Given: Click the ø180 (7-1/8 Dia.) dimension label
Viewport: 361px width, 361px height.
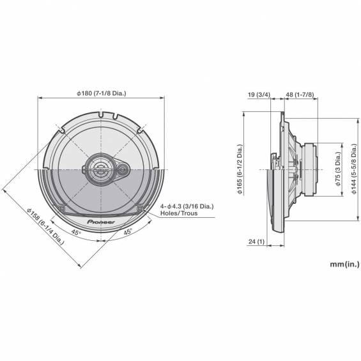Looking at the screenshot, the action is [x=102, y=93].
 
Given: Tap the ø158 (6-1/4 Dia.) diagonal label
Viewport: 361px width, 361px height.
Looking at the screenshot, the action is [x=45, y=227].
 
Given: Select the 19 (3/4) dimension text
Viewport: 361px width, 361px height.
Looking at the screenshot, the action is [x=259, y=95].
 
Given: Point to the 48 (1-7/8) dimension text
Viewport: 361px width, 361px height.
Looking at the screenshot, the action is [x=300, y=95].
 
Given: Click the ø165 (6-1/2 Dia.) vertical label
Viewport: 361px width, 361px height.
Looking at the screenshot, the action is [x=240, y=169].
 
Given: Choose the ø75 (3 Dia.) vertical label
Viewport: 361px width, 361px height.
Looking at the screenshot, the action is [x=337, y=169].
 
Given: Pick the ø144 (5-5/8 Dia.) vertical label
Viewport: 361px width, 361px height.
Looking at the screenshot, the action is [x=354, y=169].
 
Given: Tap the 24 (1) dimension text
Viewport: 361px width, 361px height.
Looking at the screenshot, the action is [x=256, y=242].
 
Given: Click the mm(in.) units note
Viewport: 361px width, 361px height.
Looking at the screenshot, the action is [x=344, y=264].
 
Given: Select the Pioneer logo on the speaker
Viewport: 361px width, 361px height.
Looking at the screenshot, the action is [x=101, y=222].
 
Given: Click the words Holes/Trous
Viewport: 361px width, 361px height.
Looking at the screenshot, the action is [x=179, y=213].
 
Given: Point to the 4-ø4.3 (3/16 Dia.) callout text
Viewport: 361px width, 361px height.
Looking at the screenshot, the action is [x=187, y=206].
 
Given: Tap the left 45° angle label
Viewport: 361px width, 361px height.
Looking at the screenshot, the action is [x=76, y=233].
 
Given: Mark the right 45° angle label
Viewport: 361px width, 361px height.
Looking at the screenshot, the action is [x=128, y=231].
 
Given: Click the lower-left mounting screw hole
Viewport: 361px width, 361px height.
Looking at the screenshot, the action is [x=62, y=209].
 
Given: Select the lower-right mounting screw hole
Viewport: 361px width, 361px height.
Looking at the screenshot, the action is [x=140, y=208].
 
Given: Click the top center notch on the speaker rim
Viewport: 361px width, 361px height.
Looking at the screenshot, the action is [x=101, y=114].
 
